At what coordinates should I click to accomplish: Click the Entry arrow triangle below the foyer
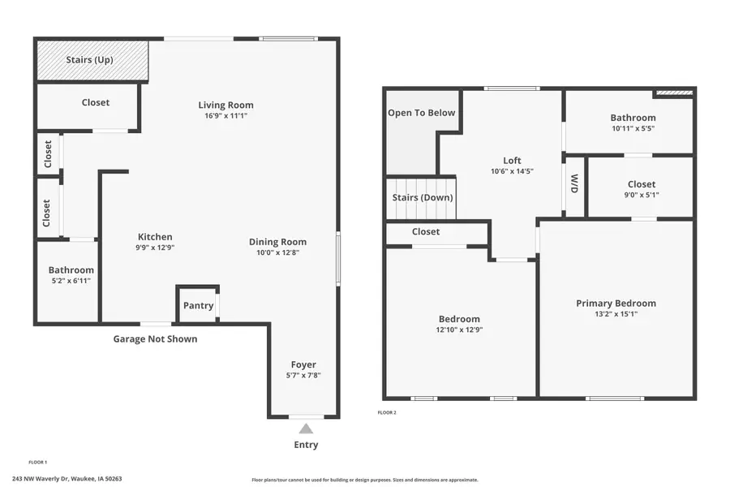tap(306, 429)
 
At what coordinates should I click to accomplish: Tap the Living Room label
tap(225, 105)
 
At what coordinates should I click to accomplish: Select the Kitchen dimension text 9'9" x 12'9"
tap(154, 248)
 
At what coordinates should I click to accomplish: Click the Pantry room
tap(198, 305)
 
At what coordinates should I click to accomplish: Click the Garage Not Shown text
tap(154, 338)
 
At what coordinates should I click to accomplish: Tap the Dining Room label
tap(277, 242)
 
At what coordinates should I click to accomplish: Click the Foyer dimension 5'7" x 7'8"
tap(303, 375)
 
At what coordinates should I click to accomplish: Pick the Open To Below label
tap(421, 113)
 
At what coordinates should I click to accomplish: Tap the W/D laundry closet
tap(574, 184)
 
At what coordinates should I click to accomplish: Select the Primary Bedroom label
tap(616, 303)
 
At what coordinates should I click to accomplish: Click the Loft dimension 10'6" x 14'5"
tap(512, 171)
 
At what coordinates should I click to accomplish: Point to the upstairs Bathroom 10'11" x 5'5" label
tap(633, 127)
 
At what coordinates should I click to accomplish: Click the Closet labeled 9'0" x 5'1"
tap(641, 194)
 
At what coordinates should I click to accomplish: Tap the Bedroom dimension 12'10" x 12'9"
tap(459, 330)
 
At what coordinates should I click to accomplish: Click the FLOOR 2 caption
tap(387, 412)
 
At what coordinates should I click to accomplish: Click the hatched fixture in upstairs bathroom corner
tap(674, 93)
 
